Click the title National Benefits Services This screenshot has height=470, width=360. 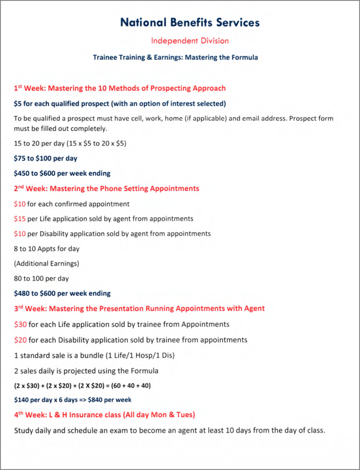click(x=189, y=22)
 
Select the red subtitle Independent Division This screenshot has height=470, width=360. click(x=190, y=41)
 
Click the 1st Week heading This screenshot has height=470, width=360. click(x=120, y=88)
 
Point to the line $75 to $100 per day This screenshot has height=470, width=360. click(x=45, y=158)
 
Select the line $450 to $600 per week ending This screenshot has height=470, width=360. click(x=62, y=173)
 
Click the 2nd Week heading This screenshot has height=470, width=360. click(x=106, y=188)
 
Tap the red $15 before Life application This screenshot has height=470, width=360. click(x=20, y=218)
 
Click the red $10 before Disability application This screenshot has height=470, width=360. click(x=20, y=234)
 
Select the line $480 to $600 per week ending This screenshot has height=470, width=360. click(x=62, y=293)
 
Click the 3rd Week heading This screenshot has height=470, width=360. click(x=139, y=308)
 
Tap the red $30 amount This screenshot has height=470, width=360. click(x=20, y=325)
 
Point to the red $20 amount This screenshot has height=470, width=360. click(x=20, y=340)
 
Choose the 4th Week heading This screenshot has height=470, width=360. click(x=105, y=415)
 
